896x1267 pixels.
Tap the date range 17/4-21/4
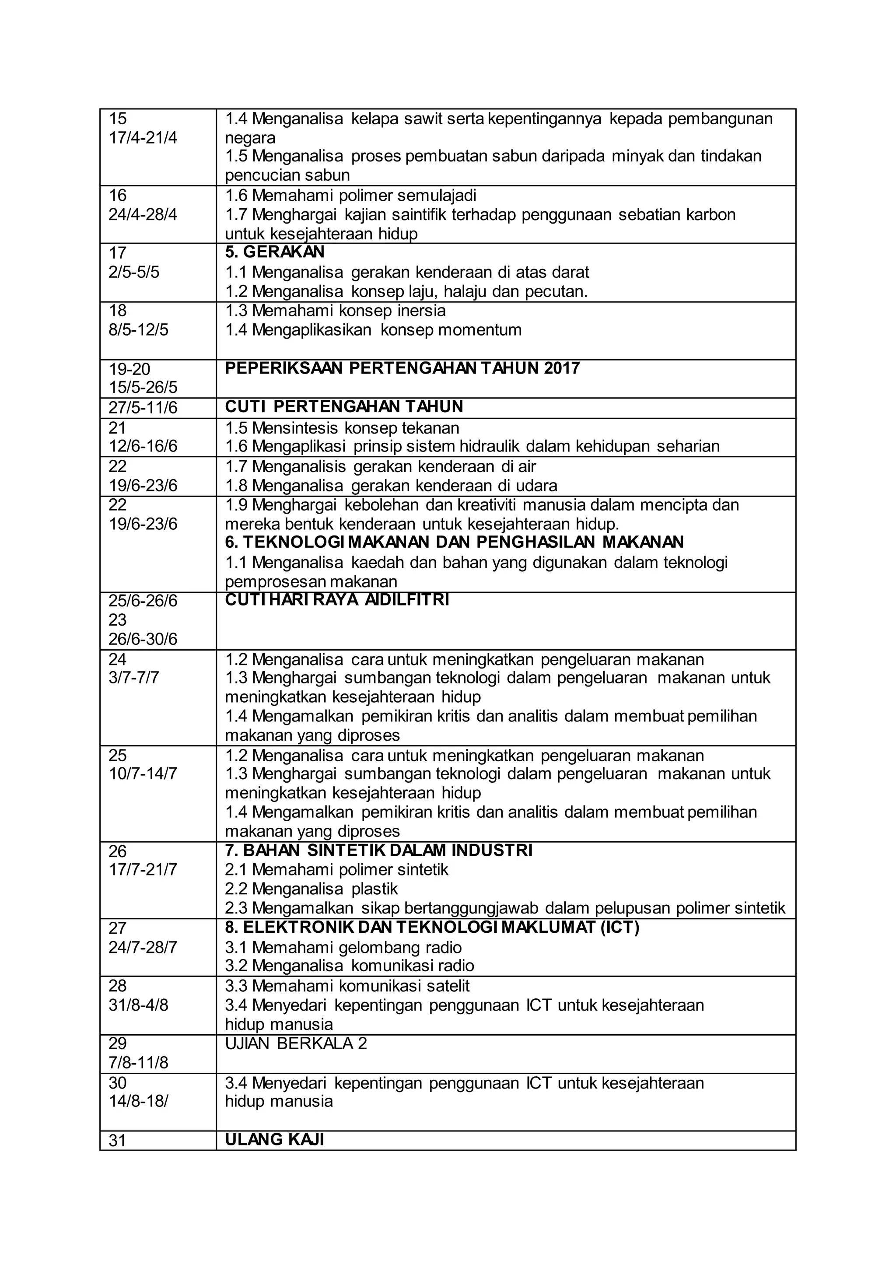pyautogui.click(x=143, y=138)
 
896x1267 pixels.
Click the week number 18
pyautogui.click(x=118, y=311)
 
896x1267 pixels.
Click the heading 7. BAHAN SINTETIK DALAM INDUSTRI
pyautogui.click(x=378, y=850)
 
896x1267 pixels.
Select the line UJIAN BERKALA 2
pyautogui.click(x=296, y=1043)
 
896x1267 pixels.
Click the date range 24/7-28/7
pyautogui.click(x=143, y=948)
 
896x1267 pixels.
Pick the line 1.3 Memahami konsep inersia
pyautogui.click(x=335, y=311)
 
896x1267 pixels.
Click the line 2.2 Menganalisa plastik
pyautogui.click(x=311, y=889)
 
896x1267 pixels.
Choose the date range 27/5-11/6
pyautogui.click(x=143, y=408)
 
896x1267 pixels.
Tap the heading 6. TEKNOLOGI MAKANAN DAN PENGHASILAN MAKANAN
pyautogui.click(x=454, y=542)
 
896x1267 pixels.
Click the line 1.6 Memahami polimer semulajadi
pyautogui.click(x=350, y=196)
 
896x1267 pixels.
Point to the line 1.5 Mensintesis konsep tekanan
pyautogui.click(x=342, y=428)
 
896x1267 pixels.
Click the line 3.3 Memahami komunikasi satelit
pyautogui.click(x=347, y=986)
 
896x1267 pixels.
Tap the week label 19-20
pyautogui.click(x=129, y=369)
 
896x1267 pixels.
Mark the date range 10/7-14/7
pyautogui.click(x=143, y=773)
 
